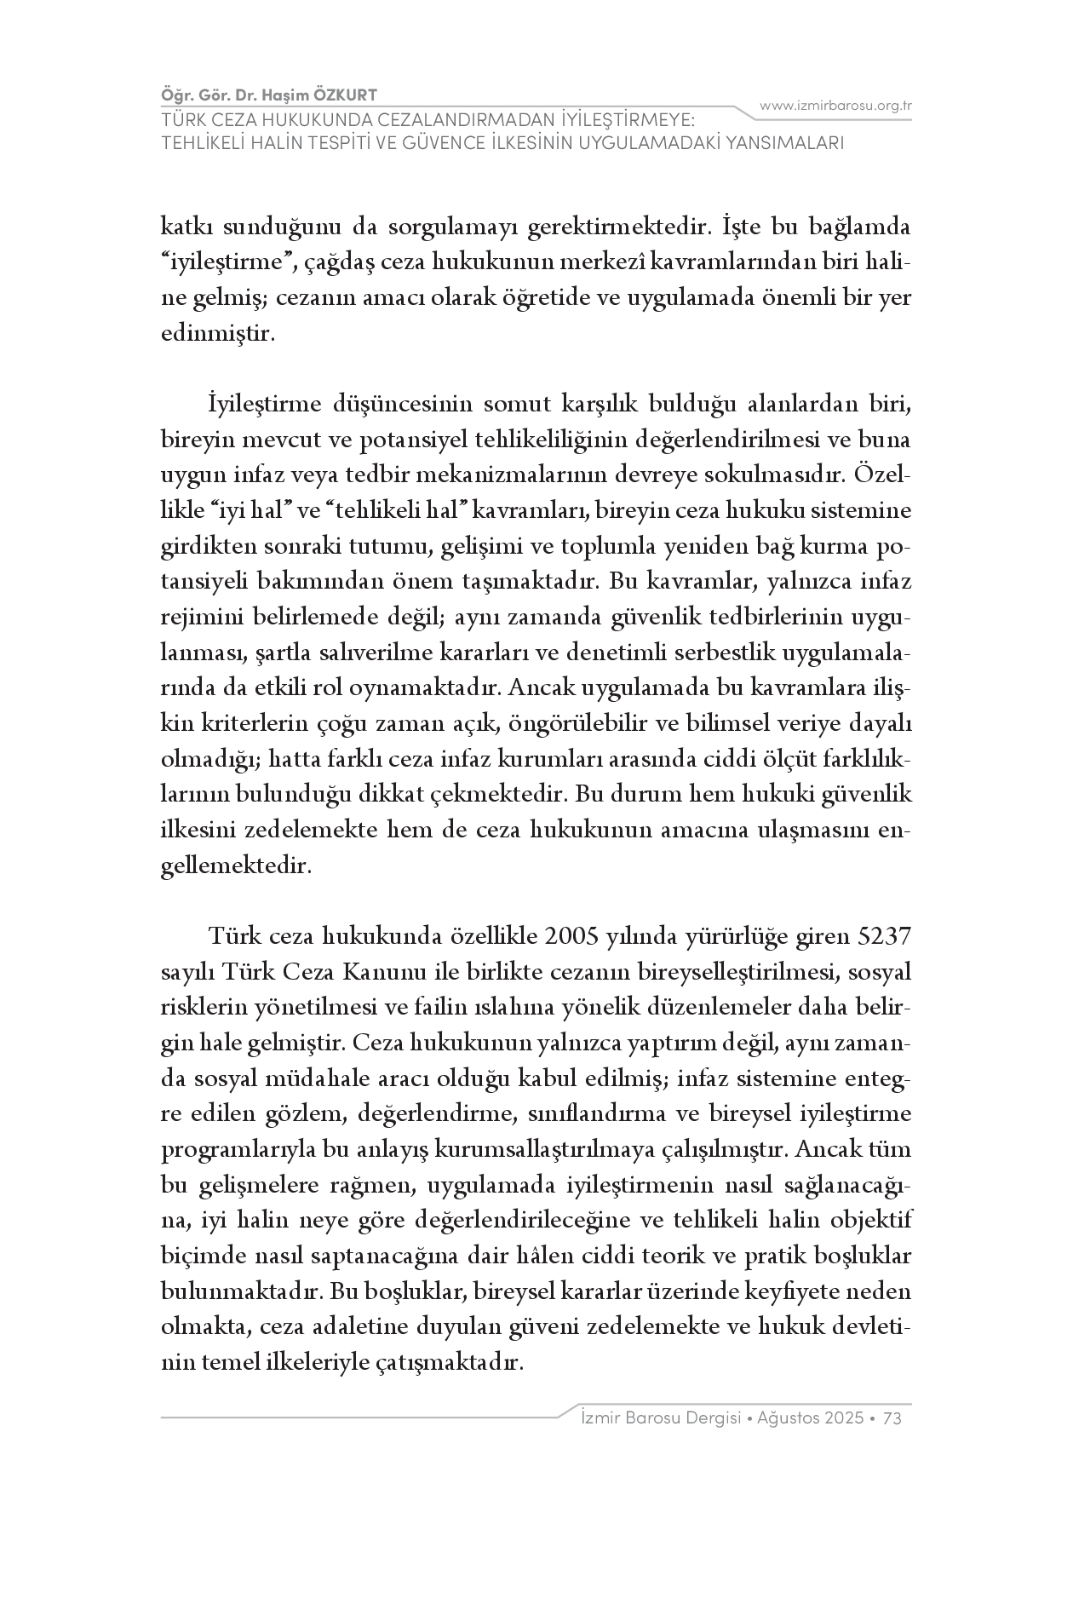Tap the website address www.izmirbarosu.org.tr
[835, 106]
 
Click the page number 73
[892, 1417]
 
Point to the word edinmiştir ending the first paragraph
[218, 334]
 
